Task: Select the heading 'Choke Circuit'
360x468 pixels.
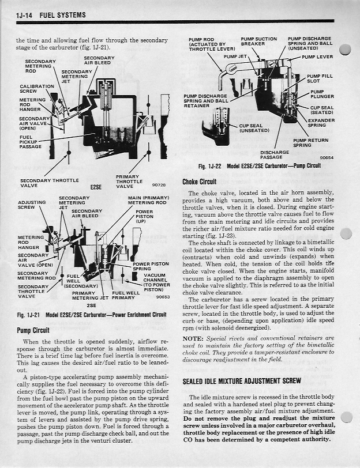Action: [199, 181]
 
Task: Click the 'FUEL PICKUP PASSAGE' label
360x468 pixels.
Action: [30, 142]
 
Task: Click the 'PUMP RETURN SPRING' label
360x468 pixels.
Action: [310, 142]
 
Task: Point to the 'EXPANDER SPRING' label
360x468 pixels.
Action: [321, 122]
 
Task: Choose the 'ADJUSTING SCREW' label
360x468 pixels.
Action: [32, 205]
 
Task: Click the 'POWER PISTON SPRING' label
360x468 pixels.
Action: [150, 266]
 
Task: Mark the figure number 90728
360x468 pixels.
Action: [159, 185]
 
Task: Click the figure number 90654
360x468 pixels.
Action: [326, 157]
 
